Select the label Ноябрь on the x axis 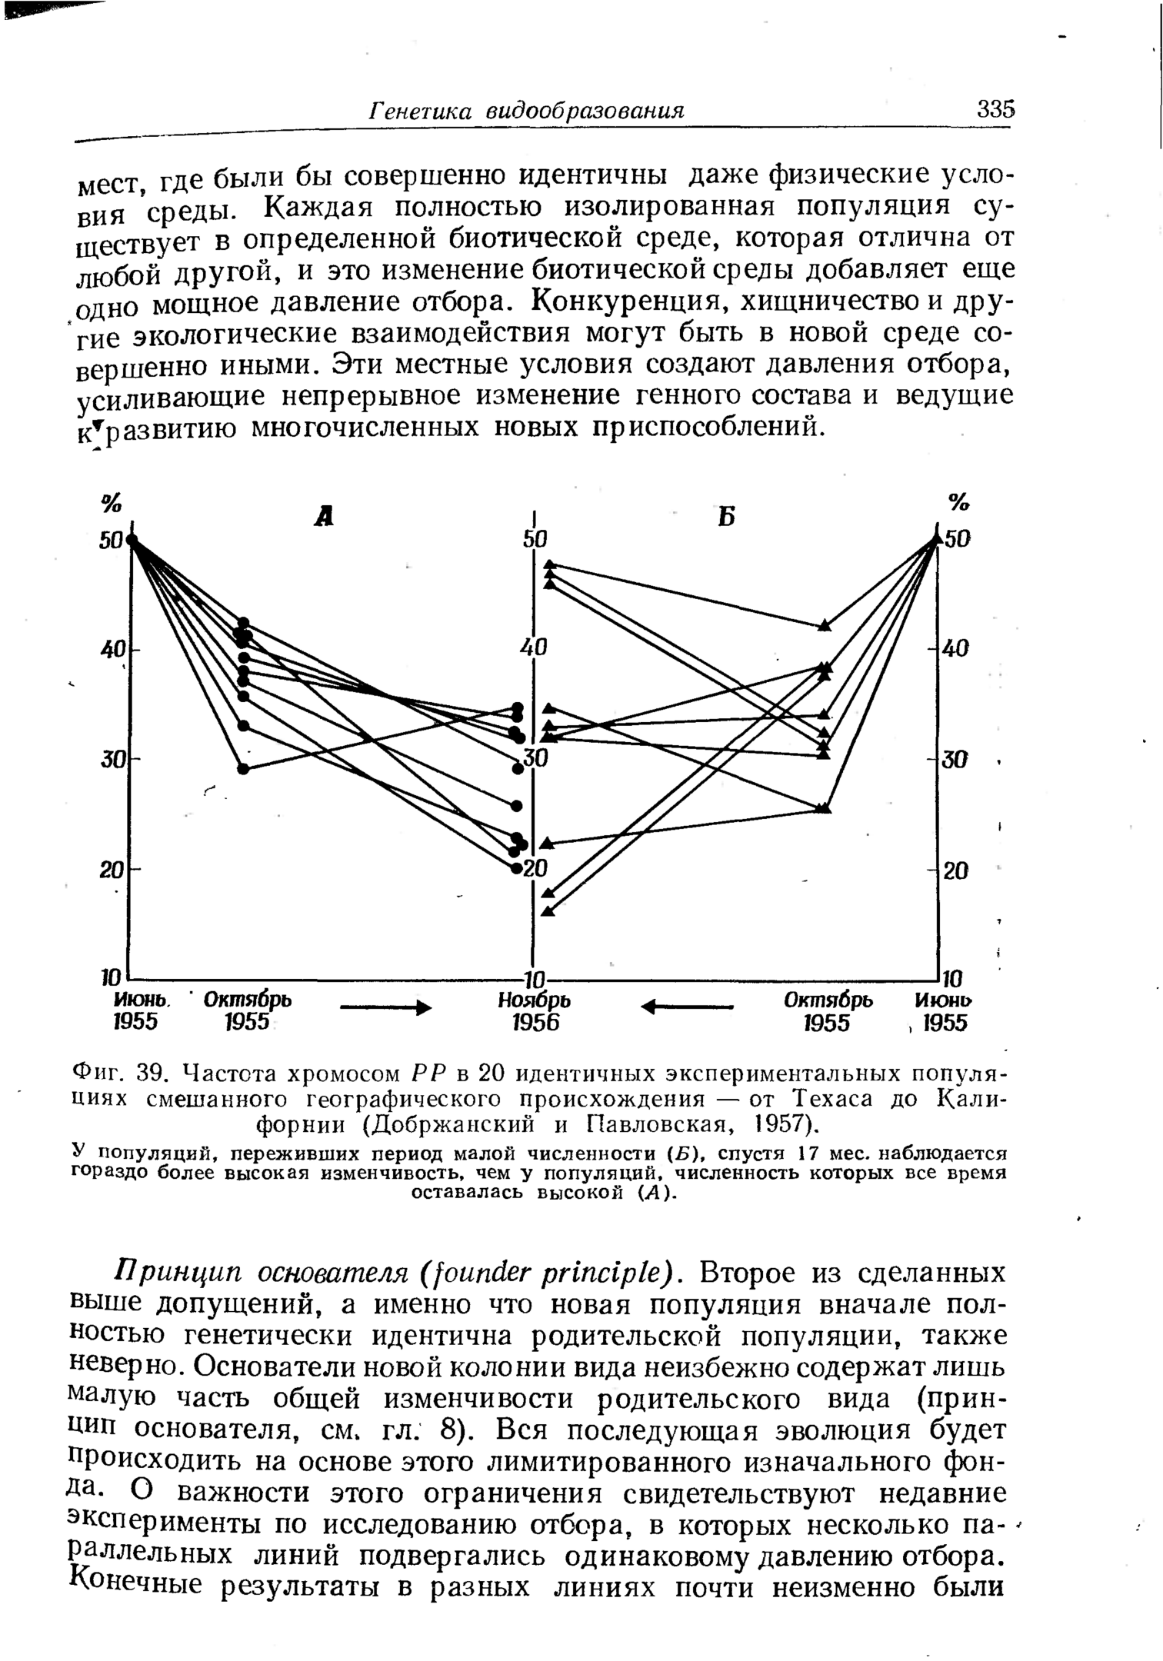tap(534, 1001)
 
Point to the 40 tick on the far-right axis tap(957, 649)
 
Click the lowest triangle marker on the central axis tap(548, 911)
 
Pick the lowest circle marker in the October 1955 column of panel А tap(243, 768)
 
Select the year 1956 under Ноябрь tap(534, 1024)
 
